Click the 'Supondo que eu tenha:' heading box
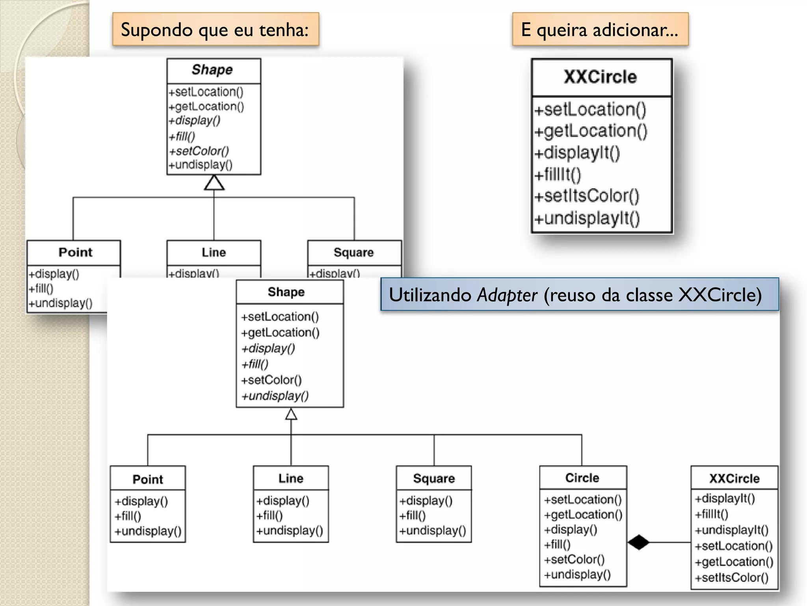pyautogui.click(x=215, y=30)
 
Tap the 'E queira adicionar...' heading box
pyautogui.click(x=600, y=30)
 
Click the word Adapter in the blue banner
pyautogui.click(x=507, y=295)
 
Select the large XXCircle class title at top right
pyautogui.click(x=600, y=77)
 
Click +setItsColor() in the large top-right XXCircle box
pyautogui.click(x=587, y=196)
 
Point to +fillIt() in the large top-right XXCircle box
pyautogui.click(x=558, y=174)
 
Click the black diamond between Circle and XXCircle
pyautogui.click(x=638, y=542)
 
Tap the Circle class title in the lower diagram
pyautogui.click(x=582, y=478)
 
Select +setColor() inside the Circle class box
pyautogui.click(x=574, y=559)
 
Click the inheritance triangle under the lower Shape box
pyautogui.click(x=291, y=414)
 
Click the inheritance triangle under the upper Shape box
pyautogui.click(x=214, y=183)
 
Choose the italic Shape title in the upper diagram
pyautogui.click(x=212, y=70)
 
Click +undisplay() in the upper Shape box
pyautogui.click(x=201, y=165)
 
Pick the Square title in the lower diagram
pyautogui.click(x=434, y=478)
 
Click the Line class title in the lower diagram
pyautogui.click(x=291, y=478)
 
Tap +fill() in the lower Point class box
pyautogui.click(x=128, y=516)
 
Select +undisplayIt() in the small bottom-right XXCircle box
pyautogui.click(x=731, y=530)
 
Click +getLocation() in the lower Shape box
pyautogui.click(x=280, y=333)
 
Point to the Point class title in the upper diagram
pyautogui.click(x=75, y=252)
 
